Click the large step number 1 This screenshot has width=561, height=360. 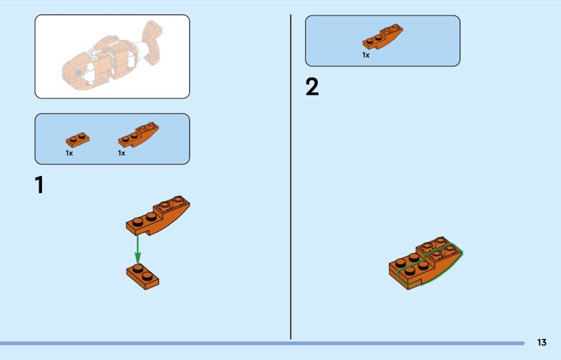click(x=39, y=185)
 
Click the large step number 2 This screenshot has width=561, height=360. click(x=312, y=87)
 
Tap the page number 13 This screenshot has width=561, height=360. click(x=541, y=342)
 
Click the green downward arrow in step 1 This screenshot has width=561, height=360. click(x=137, y=250)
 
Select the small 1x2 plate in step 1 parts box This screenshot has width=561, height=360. click(x=78, y=140)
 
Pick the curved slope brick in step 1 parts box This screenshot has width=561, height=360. click(x=138, y=135)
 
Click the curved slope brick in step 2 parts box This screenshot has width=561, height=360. click(x=382, y=36)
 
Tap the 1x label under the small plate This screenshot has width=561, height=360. click(x=69, y=153)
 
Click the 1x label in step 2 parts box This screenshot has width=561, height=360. click(x=365, y=55)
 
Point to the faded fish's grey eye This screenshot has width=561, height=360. click(x=79, y=73)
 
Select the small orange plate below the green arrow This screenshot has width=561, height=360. click(x=143, y=276)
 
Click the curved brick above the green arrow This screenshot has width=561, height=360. click(x=158, y=215)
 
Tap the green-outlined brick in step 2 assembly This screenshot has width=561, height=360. click(x=430, y=265)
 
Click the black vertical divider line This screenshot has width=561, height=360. click(x=290, y=177)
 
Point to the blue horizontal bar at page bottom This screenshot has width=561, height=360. click(x=262, y=343)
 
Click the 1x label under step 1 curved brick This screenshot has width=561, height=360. click(x=121, y=153)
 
